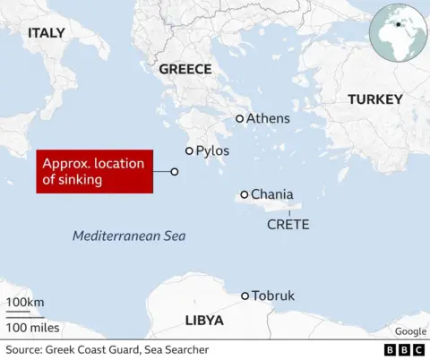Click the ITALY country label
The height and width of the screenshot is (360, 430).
click(x=46, y=33)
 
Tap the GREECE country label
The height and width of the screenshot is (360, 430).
click(x=185, y=69)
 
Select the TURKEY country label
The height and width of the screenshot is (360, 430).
click(x=374, y=99)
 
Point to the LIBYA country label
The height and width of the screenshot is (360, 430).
click(x=204, y=321)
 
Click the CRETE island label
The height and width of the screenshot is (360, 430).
click(x=288, y=224)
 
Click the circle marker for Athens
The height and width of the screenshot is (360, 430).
click(x=239, y=118)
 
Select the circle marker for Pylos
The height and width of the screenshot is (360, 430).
click(x=189, y=151)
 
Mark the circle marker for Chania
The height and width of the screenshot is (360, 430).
click(x=245, y=194)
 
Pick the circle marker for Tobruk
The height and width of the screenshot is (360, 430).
click(x=245, y=296)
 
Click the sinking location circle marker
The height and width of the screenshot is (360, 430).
click(x=175, y=172)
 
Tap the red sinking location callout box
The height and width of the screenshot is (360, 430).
click(x=93, y=172)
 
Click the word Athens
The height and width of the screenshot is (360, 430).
click(x=268, y=118)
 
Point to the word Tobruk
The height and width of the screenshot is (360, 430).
click(x=273, y=296)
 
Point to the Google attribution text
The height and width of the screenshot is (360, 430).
click(x=409, y=331)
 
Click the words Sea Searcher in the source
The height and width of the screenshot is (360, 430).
click(x=176, y=349)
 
